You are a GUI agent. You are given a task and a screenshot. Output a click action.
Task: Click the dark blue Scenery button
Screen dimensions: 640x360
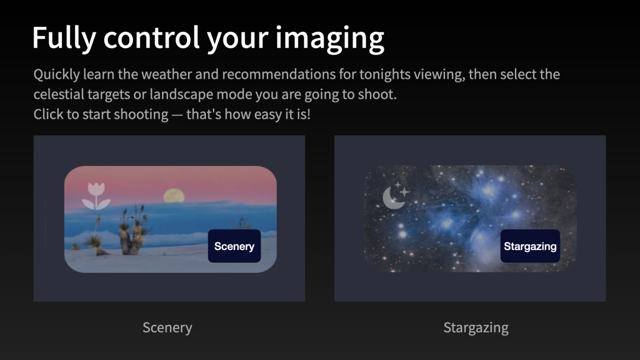point(234,246)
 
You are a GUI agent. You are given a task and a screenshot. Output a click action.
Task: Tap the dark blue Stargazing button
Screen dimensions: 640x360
point(530,246)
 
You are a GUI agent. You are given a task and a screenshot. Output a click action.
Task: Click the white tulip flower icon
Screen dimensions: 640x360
point(96,196)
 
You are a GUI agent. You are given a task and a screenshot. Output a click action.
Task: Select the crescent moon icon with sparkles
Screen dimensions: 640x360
point(396,195)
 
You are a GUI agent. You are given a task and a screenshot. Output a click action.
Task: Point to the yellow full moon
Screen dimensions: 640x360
point(174,196)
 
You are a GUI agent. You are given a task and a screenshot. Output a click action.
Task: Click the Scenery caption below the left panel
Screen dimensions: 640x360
point(167,327)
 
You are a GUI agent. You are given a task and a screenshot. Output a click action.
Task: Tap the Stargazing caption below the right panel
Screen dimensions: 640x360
point(476,327)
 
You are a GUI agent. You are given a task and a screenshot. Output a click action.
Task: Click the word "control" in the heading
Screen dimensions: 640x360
point(151,37)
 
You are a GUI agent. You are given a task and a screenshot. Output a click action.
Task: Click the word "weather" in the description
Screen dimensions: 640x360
point(167,74)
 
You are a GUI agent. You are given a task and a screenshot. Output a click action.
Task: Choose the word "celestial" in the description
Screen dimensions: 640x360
point(59,94)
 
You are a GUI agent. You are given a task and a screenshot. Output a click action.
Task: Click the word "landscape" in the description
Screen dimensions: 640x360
point(181,95)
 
